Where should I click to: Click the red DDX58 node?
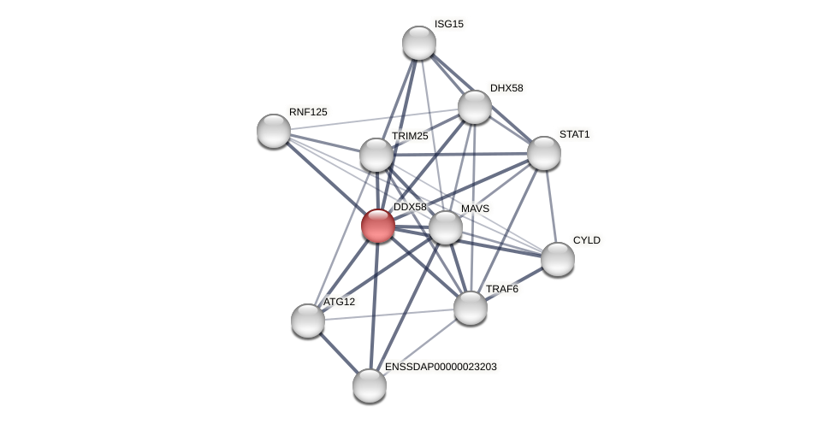(378, 226)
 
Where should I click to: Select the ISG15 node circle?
(419, 43)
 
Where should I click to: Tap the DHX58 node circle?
(475, 107)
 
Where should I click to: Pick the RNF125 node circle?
(274, 131)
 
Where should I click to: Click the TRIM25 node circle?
(376, 155)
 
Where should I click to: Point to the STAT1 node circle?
(544, 153)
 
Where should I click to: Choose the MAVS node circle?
(446, 227)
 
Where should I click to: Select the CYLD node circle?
(558, 259)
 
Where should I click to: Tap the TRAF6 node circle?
(471, 308)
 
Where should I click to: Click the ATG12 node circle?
(308, 321)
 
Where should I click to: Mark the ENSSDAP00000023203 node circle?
(370, 386)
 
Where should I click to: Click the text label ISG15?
(449, 24)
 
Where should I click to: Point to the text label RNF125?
(308, 112)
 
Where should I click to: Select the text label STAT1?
(574, 134)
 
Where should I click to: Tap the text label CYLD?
(587, 240)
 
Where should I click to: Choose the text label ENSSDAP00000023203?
(441, 367)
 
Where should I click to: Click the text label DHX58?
(506, 88)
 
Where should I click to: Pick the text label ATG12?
(339, 302)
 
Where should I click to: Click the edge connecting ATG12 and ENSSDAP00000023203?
(339, 353)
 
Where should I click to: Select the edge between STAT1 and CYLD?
(551, 206)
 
